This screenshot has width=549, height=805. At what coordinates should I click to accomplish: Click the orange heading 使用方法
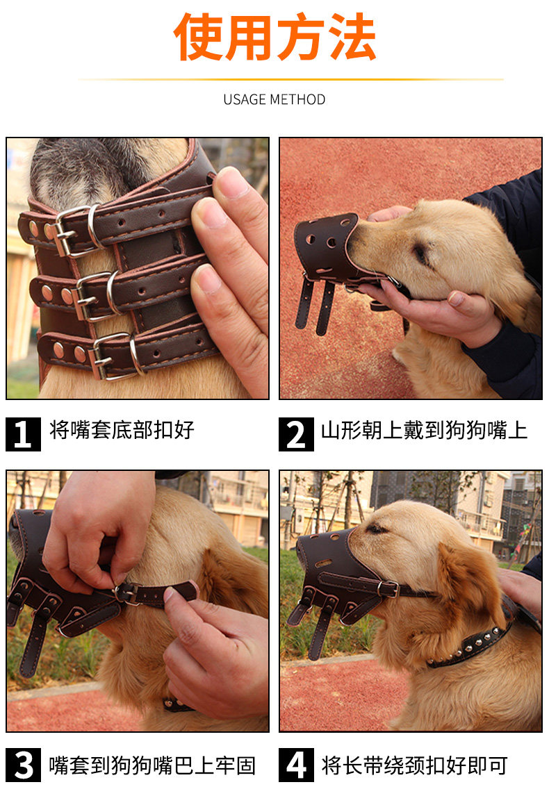coord(274,37)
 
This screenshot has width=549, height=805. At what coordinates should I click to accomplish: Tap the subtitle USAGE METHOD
coord(274,99)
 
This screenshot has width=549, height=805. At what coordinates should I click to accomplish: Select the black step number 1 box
coord(23,434)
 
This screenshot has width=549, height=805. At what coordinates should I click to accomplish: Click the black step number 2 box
coord(296,434)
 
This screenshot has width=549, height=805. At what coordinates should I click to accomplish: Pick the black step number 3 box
coord(23,765)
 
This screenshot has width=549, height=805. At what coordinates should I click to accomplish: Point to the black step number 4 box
coord(296,765)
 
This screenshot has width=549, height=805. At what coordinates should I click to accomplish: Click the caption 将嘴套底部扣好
coord(122,430)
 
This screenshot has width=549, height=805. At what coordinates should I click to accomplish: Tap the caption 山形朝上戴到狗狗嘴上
coord(424,430)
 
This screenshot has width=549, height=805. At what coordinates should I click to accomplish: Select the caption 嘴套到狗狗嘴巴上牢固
coord(152,765)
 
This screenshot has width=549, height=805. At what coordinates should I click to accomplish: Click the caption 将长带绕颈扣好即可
coord(414,765)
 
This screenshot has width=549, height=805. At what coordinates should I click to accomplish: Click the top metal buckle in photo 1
coord(77,229)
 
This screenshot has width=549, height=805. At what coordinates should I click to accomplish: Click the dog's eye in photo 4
coord(377,529)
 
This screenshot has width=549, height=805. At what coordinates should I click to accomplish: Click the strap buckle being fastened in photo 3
coord(126,593)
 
